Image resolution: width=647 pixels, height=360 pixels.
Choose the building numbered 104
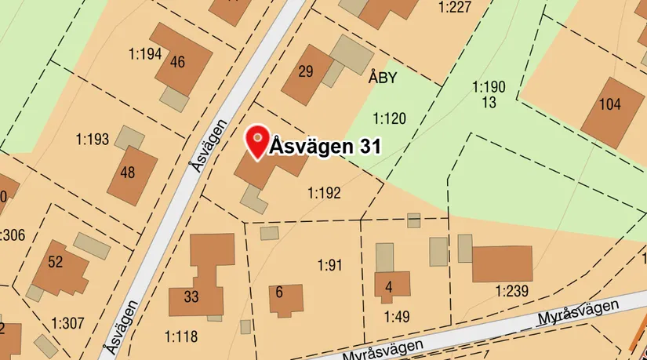609,105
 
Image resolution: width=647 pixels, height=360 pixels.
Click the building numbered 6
282,294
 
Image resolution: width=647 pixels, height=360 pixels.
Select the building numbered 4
389,287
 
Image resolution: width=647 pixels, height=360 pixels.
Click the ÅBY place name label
383,78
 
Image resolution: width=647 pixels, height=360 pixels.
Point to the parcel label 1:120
389,119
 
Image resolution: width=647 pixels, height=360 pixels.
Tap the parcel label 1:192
324,192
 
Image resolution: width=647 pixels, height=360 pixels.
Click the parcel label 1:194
144,54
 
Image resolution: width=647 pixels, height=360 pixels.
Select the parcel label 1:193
92,140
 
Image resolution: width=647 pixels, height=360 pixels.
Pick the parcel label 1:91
330,265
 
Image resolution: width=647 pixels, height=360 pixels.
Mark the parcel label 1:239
511,292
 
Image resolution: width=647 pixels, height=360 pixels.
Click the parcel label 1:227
455,7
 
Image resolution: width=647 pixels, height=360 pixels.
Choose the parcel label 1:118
181,336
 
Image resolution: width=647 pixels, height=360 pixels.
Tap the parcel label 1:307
67,322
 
